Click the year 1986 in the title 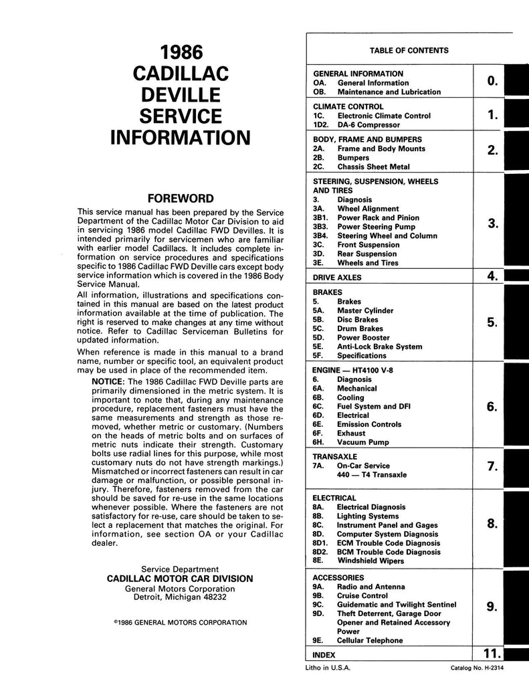pos(181,53)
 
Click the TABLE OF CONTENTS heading pos(409,50)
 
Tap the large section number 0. pos(492,82)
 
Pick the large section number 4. pos(492,276)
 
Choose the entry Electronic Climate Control pos(384,116)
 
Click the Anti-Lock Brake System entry pos(379,347)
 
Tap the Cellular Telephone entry pos(370,640)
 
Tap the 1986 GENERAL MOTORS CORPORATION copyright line pos(181,622)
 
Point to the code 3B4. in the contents pos(322,235)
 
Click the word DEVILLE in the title pos(181,95)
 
